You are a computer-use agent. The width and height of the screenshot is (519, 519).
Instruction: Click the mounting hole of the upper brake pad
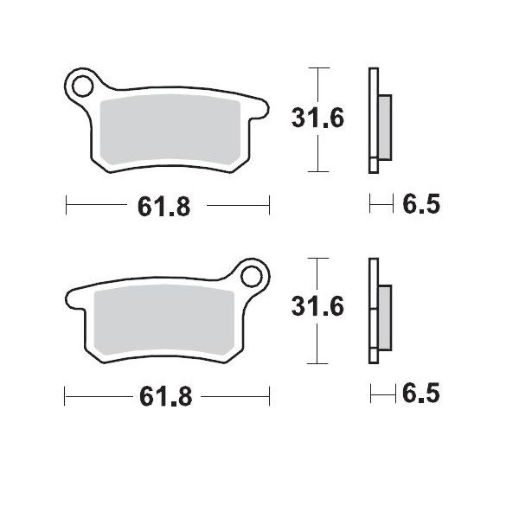(x=82, y=86)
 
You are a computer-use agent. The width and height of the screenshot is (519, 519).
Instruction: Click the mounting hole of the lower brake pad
(x=253, y=277)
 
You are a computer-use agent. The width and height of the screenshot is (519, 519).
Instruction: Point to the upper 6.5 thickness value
(x=421, y=205)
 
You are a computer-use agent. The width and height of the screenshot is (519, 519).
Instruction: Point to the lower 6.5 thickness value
(x=421, y=395)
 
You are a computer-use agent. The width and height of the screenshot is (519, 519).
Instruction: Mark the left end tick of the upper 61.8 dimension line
(x=67, y=206)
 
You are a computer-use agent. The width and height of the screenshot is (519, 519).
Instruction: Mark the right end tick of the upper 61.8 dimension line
(x=270, y=206)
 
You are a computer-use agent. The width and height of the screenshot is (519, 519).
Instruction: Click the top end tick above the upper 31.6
(x=319, y=67)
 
